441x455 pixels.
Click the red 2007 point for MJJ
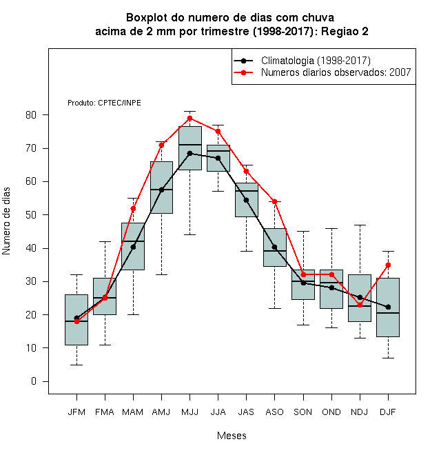pyautogui.click(x=189, y=118)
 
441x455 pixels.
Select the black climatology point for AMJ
pyautogui.click(x=162, y=190)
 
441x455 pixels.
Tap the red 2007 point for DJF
pyautogui.click(x=388, y=265)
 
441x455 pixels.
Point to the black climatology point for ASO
pyautogui.click(x=274, y=247)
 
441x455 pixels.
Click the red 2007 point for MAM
pyautogui.click(x=133, y=209)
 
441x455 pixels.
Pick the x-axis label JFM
pyautogui.click(x=76, y=412)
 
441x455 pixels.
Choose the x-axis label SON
pyautogui.click(x=303, y=412)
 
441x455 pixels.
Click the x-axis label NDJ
pyautogui.click(x=360, y=412)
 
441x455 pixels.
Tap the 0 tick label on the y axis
pyautogui.click(x=34, y=381)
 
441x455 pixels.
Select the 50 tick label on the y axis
pyautogui.click(x=31, y=214)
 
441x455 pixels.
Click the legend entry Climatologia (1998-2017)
pyautogui.click(x=316, y=61)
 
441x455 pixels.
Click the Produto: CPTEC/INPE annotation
pyautogui.click(x=104, y=103)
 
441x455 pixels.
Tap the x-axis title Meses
pyautogui.click(x=232, y=436)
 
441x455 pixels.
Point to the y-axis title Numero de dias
pyautogui.click(x=6, y=221)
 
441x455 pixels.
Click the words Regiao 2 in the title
pyautogui.click(x=345, y=31)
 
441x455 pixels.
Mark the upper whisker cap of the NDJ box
pyautogui.click(x=360, y=225)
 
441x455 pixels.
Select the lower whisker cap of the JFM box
pyautogui.click(x=76, y=365)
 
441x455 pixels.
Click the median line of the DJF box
pyautogui.click(x=388, y=313)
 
